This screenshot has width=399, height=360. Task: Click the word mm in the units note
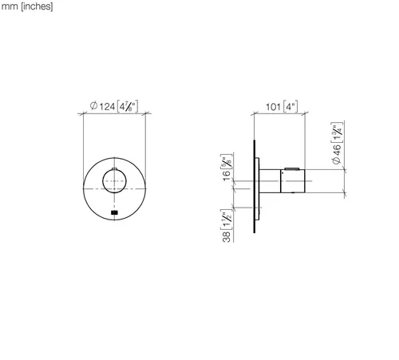coord(10,6)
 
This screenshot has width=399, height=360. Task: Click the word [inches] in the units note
coord(37,6)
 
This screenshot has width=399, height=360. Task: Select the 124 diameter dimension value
coord(107,107)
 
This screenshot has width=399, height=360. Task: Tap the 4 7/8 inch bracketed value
coord(128,106)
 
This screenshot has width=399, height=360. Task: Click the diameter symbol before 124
coord(93,106)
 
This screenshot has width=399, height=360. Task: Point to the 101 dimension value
coord(273,107)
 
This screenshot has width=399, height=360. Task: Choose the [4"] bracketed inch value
coord(290,106)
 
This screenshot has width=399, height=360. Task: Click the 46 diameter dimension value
coord(337,150)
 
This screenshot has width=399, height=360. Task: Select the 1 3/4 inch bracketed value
coord(337,133)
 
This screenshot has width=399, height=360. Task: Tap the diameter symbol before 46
coord(337,160)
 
